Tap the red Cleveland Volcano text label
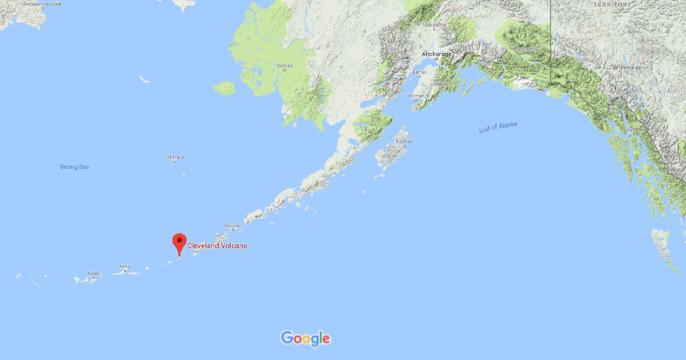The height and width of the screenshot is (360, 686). tap(218, 245)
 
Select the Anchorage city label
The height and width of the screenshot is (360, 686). tap(436, 54)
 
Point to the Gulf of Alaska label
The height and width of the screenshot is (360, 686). tap(497, 127)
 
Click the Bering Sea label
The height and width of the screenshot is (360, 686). tap(74, 167)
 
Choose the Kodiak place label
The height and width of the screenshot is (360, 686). tap(404, 142)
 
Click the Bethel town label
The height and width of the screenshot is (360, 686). tap(284, 66)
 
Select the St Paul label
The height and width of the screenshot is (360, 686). tap(175, 156)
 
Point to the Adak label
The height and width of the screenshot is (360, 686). tap(93, 274)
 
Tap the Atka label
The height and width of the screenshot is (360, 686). tap(125, 267)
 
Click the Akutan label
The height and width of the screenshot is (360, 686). tap(233, 225)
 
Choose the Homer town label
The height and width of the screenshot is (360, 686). tap(416, 96)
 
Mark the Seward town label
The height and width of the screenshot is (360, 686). tap(443, 83)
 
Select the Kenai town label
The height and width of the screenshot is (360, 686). tap(419, 73)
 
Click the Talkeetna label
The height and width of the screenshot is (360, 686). tap(434, 25)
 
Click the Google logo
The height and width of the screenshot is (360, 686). tap(305, 339)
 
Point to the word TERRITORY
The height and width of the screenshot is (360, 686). tap(612, 5)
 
